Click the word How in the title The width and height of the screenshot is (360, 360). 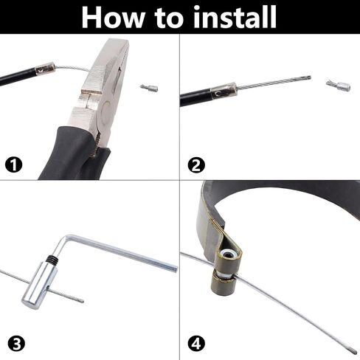113,18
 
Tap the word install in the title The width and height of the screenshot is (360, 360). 235,17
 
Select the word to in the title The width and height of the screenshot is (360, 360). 169,18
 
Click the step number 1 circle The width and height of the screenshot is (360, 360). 13,165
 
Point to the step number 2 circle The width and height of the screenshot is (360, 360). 196,165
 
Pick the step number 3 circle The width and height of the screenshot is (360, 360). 16,344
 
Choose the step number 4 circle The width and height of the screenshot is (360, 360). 196,344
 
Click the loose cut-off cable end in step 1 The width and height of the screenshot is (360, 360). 149,88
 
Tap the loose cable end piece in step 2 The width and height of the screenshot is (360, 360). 339,86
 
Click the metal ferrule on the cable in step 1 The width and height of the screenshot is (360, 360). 45,69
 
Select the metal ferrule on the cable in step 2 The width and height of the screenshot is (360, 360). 224,91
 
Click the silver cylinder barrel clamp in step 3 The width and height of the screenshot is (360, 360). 40,285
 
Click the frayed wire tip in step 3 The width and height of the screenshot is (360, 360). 81,300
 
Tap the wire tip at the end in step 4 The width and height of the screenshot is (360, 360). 354,352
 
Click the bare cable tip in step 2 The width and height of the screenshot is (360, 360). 308,77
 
